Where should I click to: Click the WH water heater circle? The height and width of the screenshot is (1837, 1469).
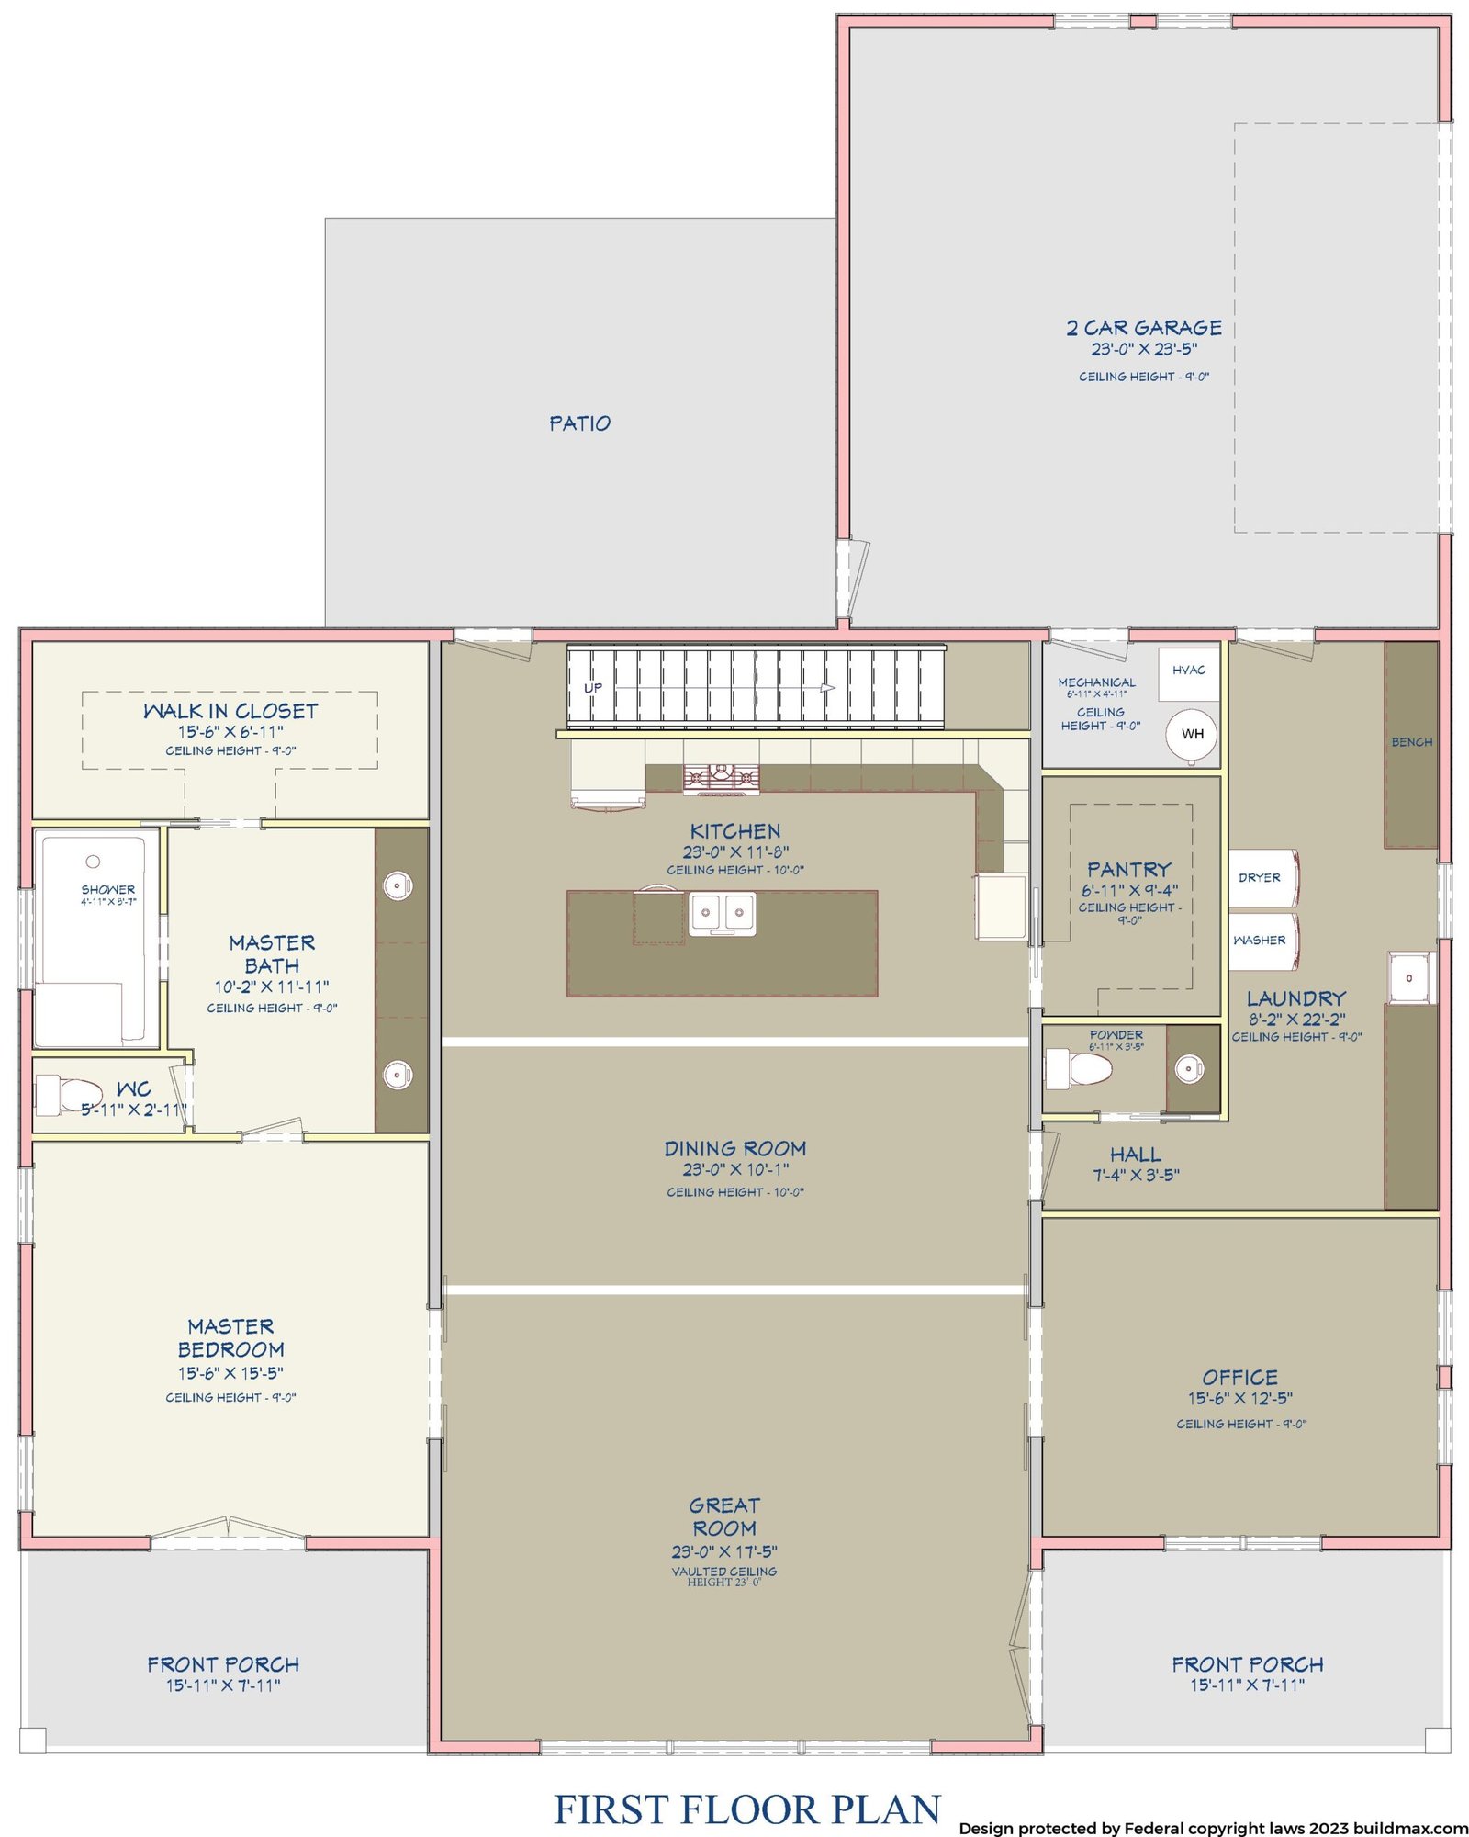pos(1192,735)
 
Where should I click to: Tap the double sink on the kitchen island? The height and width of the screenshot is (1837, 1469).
pos(723,914)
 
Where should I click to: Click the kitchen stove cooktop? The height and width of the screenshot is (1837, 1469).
pos(722,779)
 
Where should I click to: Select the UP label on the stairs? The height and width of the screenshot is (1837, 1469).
pos(593,688)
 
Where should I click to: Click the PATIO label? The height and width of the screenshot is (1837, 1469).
pos(579,423)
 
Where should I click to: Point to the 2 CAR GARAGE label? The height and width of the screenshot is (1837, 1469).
pos(1144,328)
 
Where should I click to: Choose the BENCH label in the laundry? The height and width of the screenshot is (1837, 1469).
pos(1411,742)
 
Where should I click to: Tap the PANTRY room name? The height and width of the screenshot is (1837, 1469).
pos(1129,869)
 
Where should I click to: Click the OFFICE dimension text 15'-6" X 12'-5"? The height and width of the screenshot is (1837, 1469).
pos(1240,1398)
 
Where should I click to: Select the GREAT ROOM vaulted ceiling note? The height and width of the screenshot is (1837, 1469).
pos(724,1576)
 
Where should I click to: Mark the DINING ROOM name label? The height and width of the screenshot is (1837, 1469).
pos(735,1148)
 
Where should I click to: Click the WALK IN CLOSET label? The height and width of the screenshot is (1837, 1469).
pos(230,711)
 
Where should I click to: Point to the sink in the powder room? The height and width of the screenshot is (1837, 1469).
pos(1190,1068)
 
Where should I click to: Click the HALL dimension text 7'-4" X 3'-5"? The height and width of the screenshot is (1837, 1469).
pos(1136,1175)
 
